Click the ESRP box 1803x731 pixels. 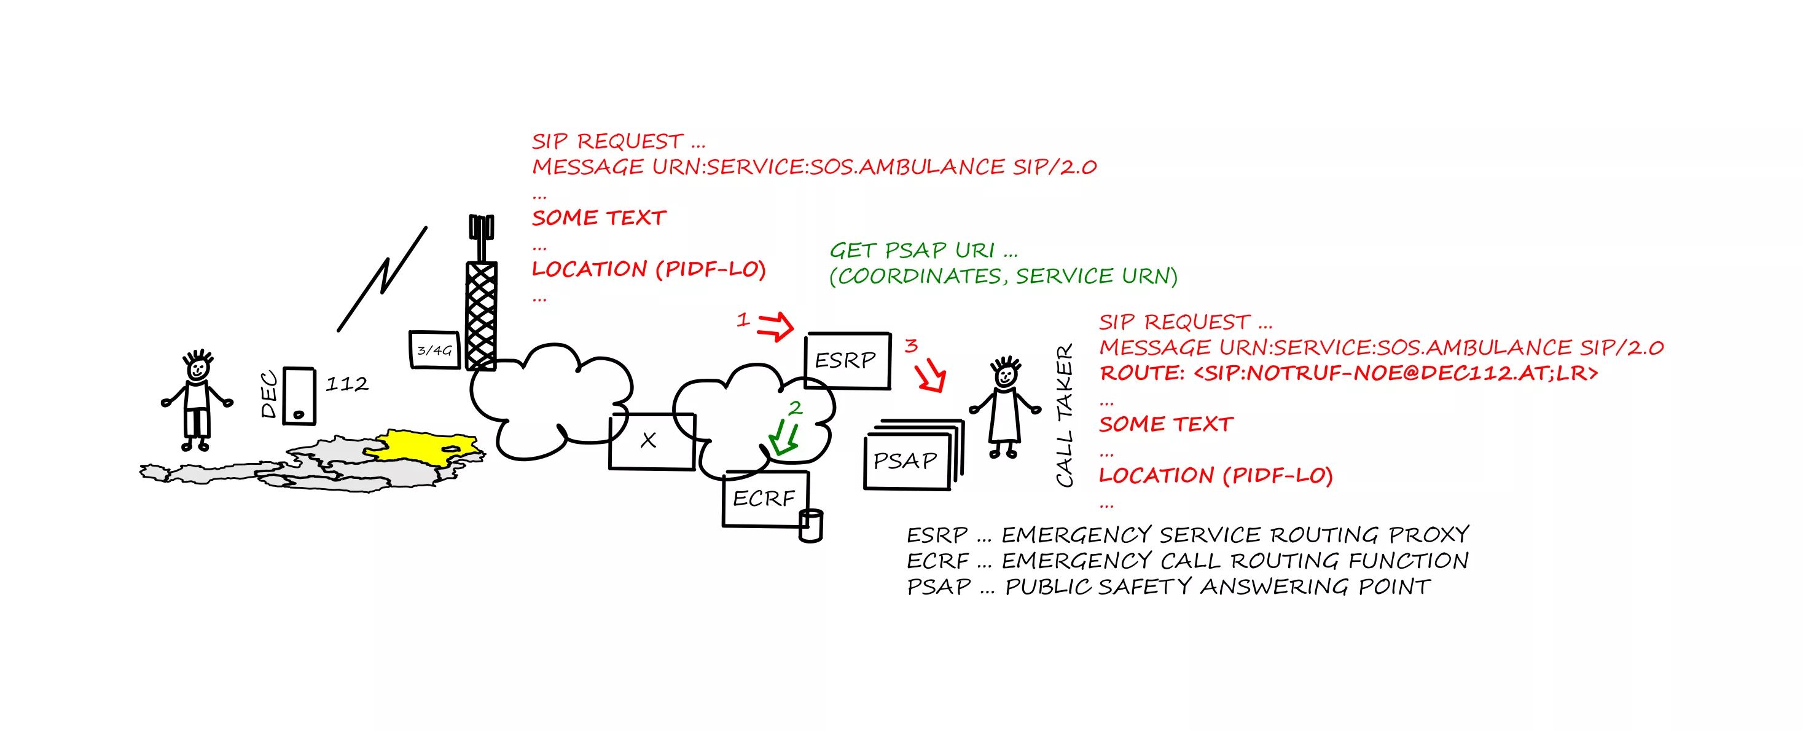click(x=847, y=361)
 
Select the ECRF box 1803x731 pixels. click(x=764, y=499)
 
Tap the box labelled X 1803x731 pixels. click(x=651, y=441)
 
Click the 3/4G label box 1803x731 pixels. click(x=434, y=349)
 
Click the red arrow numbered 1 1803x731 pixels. click(x=775, y=326)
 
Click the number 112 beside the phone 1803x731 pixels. click(x=346, y=384)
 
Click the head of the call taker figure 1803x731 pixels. click(x=1006, y=373)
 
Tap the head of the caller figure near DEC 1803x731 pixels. click(x=198, y=366)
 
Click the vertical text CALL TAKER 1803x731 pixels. click(x=1065, y=415)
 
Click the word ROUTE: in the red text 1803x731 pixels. click(x=1141, y=373)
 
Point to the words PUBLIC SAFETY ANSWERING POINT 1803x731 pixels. click(x=1217, y=587)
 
